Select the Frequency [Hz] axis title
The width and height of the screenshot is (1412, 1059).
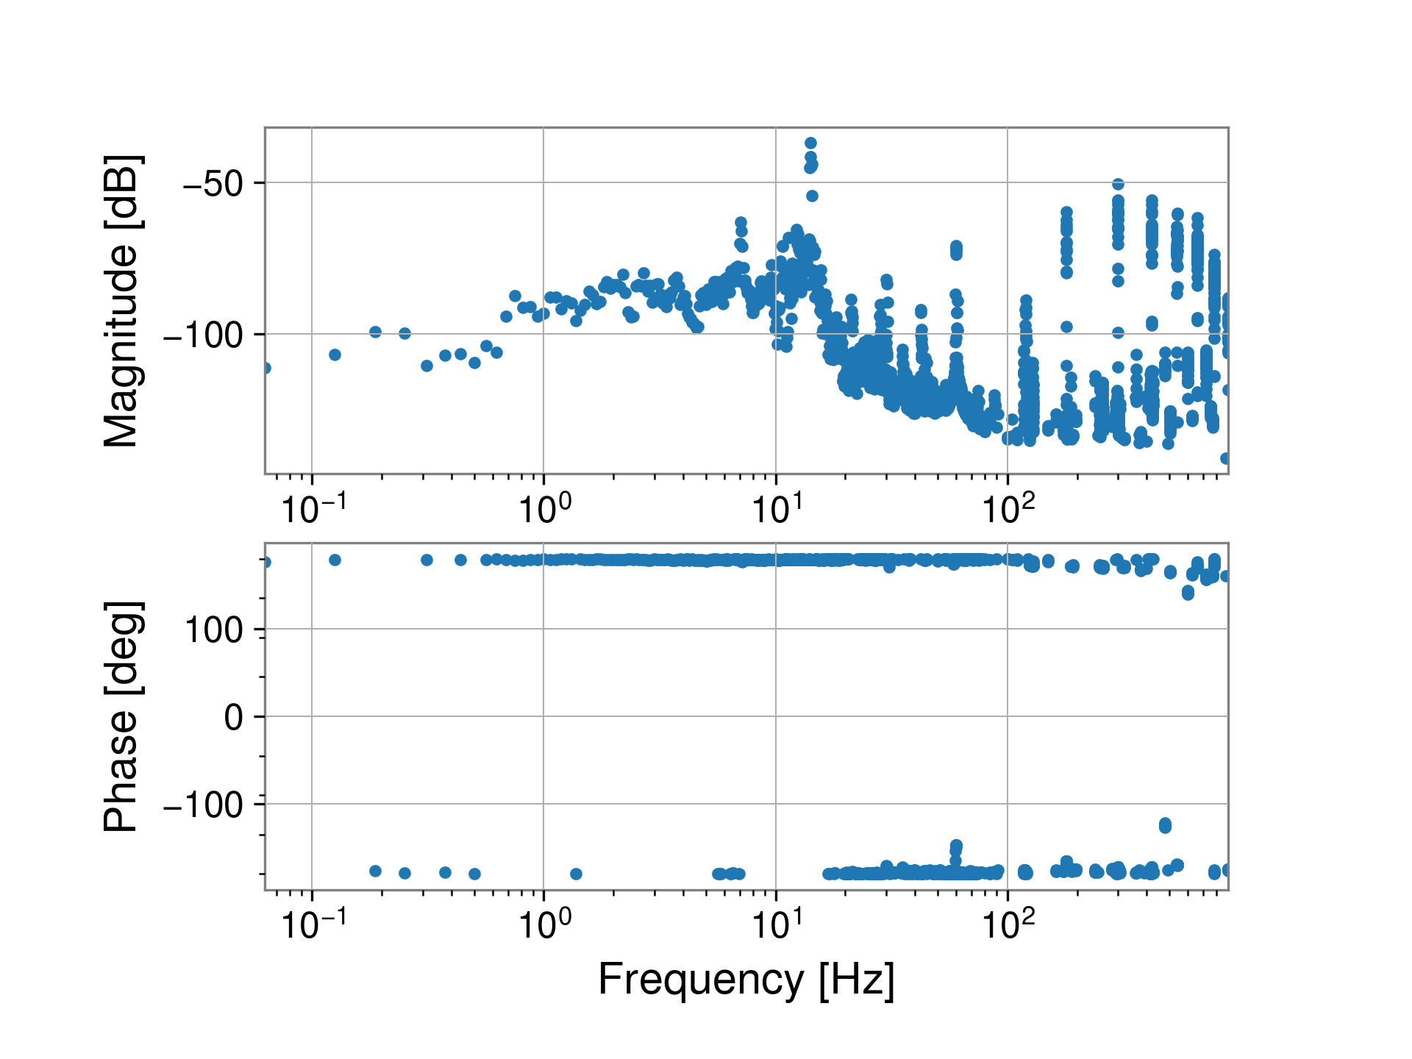746,980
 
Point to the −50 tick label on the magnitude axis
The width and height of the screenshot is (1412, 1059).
213,183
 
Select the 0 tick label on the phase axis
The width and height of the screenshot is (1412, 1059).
234,717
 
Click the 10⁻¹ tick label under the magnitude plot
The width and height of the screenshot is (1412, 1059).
313,509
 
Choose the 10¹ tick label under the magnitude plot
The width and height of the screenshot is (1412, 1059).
776,509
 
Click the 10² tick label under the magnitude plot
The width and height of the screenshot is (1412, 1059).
1008,509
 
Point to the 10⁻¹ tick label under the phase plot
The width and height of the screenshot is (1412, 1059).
313,924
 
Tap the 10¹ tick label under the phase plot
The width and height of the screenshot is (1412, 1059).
776,924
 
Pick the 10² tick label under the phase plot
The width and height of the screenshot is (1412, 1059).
1008,924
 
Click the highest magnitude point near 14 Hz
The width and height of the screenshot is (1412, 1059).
810,143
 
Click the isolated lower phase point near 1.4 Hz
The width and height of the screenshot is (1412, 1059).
576,874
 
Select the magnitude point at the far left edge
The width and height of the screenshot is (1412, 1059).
266,368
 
